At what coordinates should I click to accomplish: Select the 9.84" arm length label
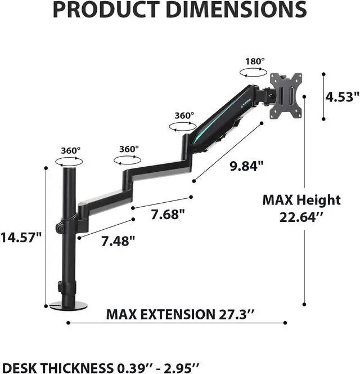[246, 166]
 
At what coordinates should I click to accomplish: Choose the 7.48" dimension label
[118, 241]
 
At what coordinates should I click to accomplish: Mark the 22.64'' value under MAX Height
[301, 217]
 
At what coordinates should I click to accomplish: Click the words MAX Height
[301, 199]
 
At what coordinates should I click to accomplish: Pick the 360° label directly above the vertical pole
[71, 150]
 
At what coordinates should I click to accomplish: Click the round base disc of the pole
[69, 305]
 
